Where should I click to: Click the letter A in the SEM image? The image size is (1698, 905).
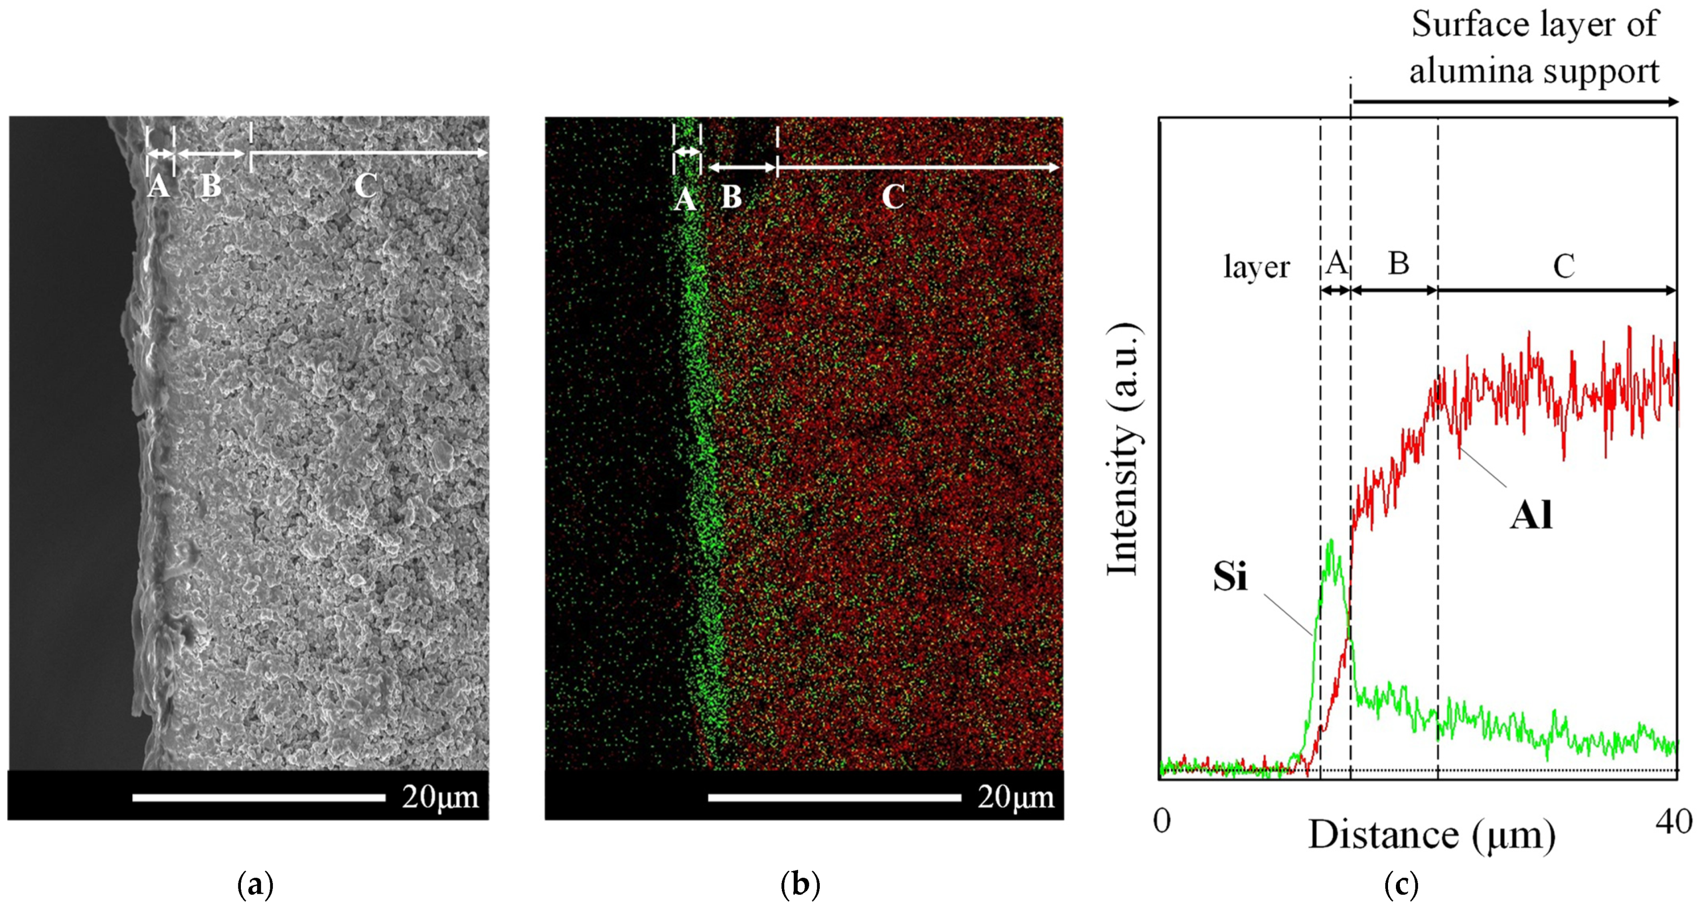tap(158, 186)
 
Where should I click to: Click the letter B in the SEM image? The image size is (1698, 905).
tap(210, 186)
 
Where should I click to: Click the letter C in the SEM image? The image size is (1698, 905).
tap(366, 186)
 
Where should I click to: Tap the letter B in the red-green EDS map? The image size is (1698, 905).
tap(731, 196)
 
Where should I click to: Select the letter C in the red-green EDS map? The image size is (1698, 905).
tap(893, 196)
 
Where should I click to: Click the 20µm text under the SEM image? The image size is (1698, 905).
tap(440, 797)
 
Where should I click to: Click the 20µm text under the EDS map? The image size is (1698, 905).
tap(1016, 797)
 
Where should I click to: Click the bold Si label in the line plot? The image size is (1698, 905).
tap(1230, 577)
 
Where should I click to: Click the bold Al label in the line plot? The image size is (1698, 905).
tap(1531, 515)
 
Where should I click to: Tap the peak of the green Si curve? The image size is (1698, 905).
tap(1332, 542)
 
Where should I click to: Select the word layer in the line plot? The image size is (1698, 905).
tap(1256, 267)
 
